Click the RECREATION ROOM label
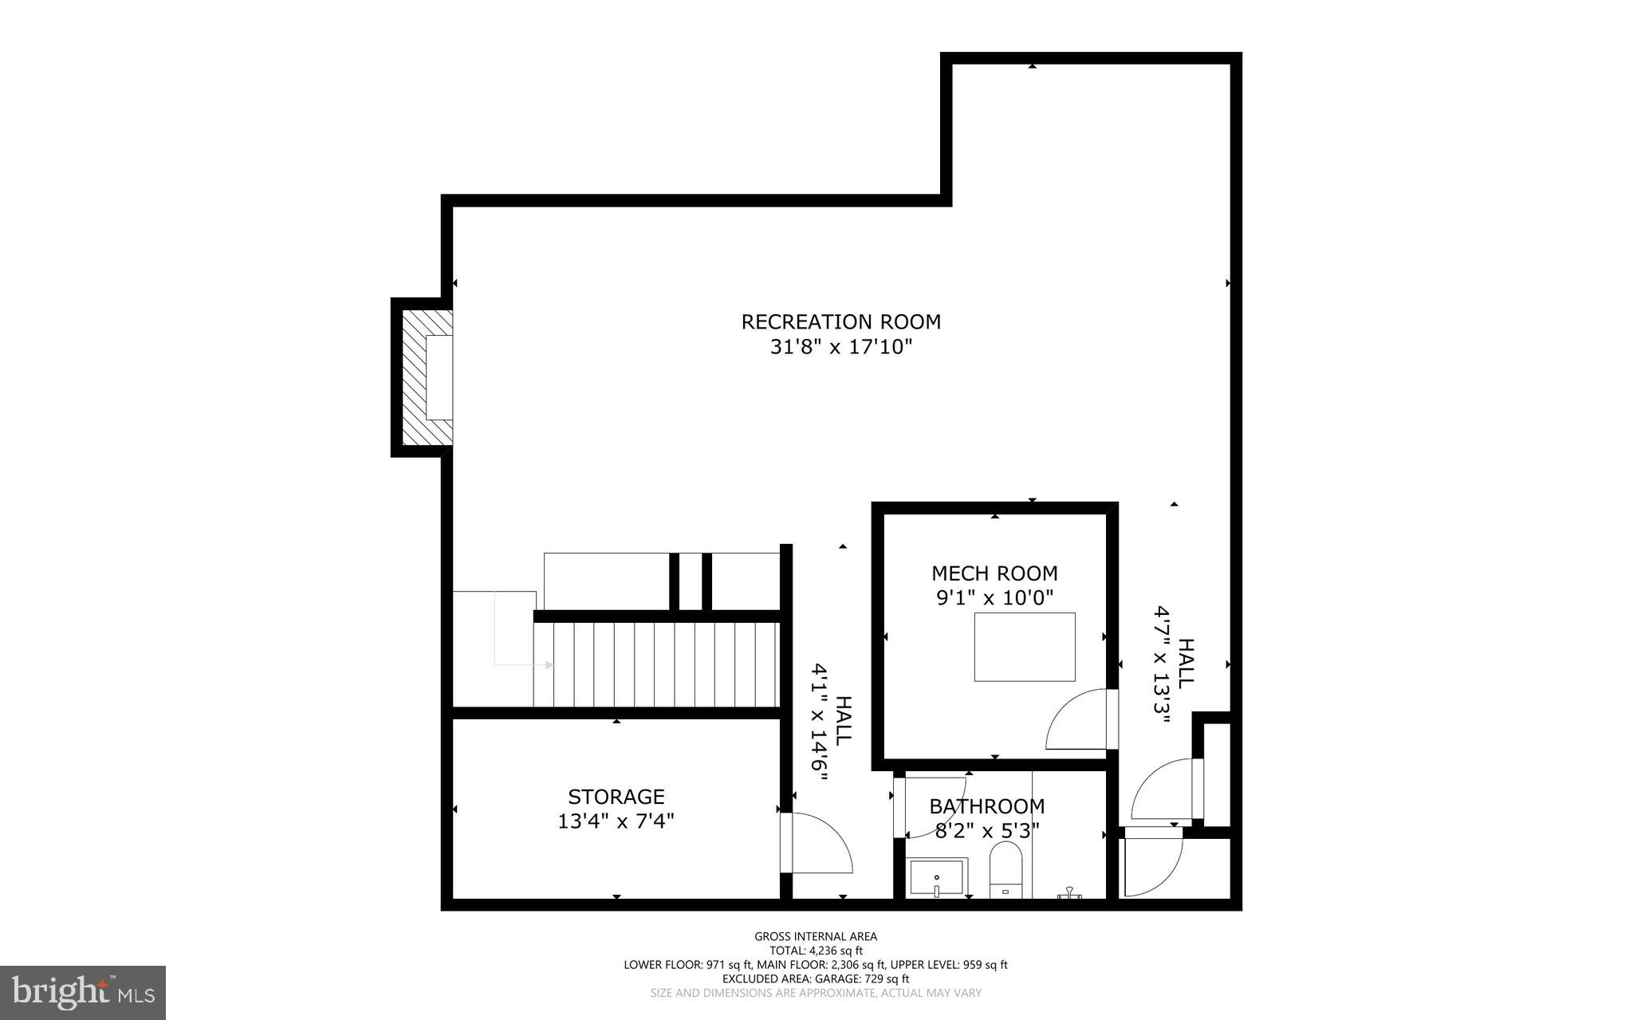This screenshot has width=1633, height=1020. click(840, 322)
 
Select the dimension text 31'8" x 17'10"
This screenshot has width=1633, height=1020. click(840, 347)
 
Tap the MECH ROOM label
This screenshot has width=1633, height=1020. click(994, 573)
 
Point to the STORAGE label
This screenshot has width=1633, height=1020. click(616, 797)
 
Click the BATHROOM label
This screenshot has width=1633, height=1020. click(986, 806)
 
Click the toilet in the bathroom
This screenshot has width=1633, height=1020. click(1005, 873)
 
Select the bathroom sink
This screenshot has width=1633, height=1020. click(938, 878)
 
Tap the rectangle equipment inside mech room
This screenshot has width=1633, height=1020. click(1024, 647)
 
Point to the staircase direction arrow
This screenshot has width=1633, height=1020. click(522, 664)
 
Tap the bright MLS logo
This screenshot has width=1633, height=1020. click(82, 993)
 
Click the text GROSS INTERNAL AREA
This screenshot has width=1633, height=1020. click(816, 937)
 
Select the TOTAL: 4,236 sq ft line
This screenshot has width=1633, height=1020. click(816, 951)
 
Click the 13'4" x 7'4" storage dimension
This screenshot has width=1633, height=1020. click(616, 821)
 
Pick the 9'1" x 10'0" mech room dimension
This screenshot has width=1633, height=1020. click(994, 597)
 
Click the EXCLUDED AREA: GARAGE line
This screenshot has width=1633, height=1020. click(816, 979)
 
